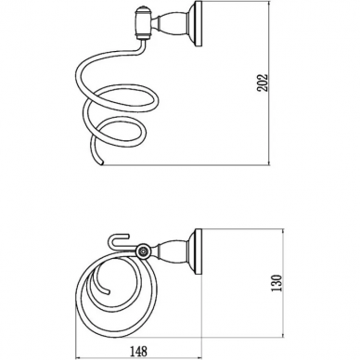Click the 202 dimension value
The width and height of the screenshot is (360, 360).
click(x=263, y=83)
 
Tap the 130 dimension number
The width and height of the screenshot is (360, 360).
click(x=276, y=282)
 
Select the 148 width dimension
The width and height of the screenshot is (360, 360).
click(x=138, y=351)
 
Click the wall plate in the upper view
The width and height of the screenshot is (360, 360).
click(x=199, y=24)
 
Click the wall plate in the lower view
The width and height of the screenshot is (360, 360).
click(x=198, y=252)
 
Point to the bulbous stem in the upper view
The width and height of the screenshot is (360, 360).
click(x=171, y=24)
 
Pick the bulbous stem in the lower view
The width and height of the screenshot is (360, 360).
click(x=171, y=252)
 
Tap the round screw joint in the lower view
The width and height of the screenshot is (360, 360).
click(x=143, y=251)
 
